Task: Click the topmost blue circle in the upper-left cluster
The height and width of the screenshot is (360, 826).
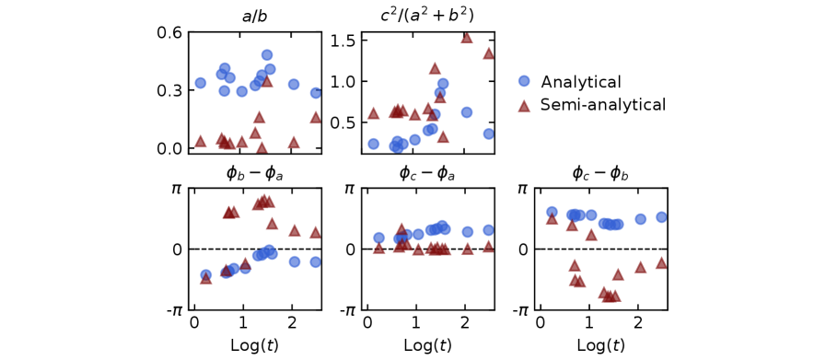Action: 267,55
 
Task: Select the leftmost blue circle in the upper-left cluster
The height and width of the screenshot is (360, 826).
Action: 201,83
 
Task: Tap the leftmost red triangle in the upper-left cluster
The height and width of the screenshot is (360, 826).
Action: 201,141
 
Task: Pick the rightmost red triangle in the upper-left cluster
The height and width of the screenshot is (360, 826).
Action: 315,117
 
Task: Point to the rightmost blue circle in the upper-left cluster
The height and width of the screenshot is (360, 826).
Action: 316,93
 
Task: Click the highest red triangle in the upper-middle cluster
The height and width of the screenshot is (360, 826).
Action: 466,38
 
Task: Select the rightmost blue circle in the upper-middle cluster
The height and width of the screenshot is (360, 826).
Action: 524,81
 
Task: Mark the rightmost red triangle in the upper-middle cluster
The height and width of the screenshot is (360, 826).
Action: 524,106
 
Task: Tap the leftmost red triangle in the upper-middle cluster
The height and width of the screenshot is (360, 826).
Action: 373,112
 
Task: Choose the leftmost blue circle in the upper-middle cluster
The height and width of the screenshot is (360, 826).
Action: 373,144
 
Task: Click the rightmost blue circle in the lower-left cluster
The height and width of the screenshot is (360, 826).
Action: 316,261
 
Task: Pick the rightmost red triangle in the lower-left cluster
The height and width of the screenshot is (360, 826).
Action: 315,232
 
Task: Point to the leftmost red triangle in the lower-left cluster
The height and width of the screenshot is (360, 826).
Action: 205,277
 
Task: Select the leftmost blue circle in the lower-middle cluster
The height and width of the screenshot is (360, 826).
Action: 378,238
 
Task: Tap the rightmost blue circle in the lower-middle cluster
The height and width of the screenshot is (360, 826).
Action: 488,230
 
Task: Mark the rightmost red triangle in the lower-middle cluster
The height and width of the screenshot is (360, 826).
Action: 488,246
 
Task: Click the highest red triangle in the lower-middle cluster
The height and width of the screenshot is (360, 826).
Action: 401,228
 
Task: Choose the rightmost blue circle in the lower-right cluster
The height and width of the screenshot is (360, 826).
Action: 661,217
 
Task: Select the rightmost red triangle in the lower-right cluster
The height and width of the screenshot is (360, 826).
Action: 660,262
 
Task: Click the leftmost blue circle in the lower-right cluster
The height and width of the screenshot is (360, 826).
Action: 552,212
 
